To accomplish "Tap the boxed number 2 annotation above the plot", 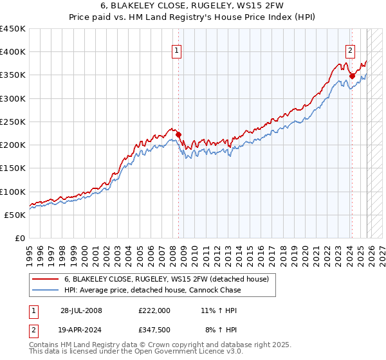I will [x=351, y=52].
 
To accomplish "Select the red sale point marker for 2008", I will [x=179, y=134].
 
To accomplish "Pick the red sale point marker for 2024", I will [x=352, y=76].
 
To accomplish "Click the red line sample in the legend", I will [x=46, y=279].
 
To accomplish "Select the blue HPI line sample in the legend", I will [x=46, y=290].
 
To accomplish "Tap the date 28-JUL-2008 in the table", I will [x=81, y=310].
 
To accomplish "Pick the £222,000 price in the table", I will [x=154, y=310].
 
